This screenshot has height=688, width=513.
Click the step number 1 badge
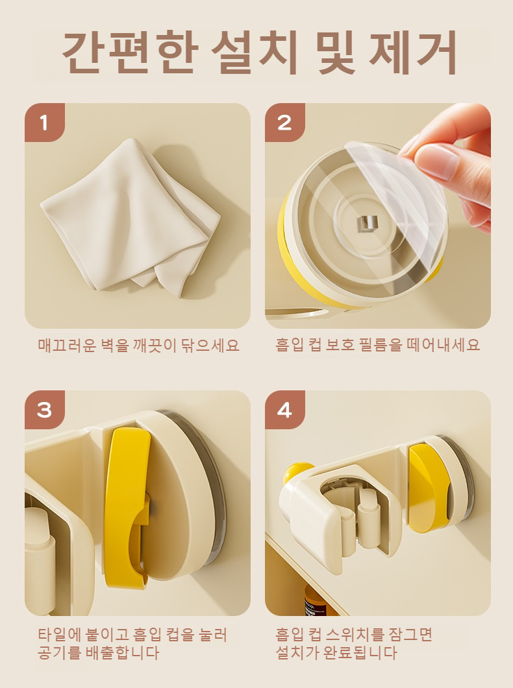pos(44,123)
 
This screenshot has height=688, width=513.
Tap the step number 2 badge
pos(284,123)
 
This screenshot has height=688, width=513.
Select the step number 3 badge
pos(44,410)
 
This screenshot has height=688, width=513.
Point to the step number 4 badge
pos(284,410)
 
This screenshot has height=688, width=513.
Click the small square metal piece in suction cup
pos(367,223)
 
